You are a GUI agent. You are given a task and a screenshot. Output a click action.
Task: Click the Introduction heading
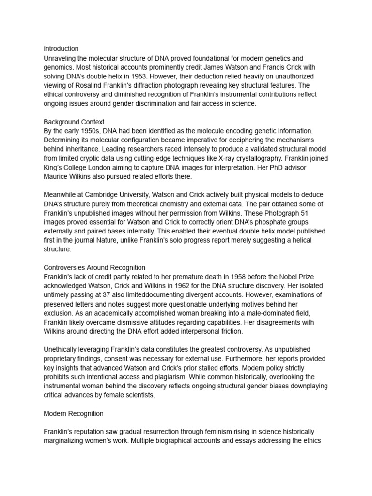(61, 49)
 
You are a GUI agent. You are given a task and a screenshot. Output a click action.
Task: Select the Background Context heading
(74, 122)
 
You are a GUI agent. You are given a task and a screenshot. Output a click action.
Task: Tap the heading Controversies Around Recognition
(94, 267)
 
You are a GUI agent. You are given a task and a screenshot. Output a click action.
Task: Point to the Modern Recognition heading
(73, 413)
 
